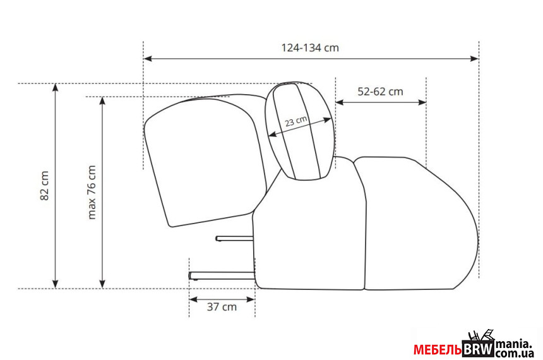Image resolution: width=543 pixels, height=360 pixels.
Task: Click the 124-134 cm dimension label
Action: (310, 47)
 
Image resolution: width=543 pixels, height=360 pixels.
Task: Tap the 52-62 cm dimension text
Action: (380, 92)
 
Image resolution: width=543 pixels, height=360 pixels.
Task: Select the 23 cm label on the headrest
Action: (296, 121)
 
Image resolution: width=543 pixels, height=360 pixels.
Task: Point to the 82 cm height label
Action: (45, 186)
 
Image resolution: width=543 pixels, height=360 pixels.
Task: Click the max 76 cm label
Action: (92, 192)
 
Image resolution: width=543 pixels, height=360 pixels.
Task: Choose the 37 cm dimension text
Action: (222, 307)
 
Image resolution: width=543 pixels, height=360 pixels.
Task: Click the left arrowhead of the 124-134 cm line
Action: (148, 59)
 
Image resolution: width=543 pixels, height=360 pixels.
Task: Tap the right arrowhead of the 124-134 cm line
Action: (474, 59)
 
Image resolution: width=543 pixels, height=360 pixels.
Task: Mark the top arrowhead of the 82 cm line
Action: (55, 88)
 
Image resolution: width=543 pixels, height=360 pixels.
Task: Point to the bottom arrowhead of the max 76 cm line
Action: (102, 284)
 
